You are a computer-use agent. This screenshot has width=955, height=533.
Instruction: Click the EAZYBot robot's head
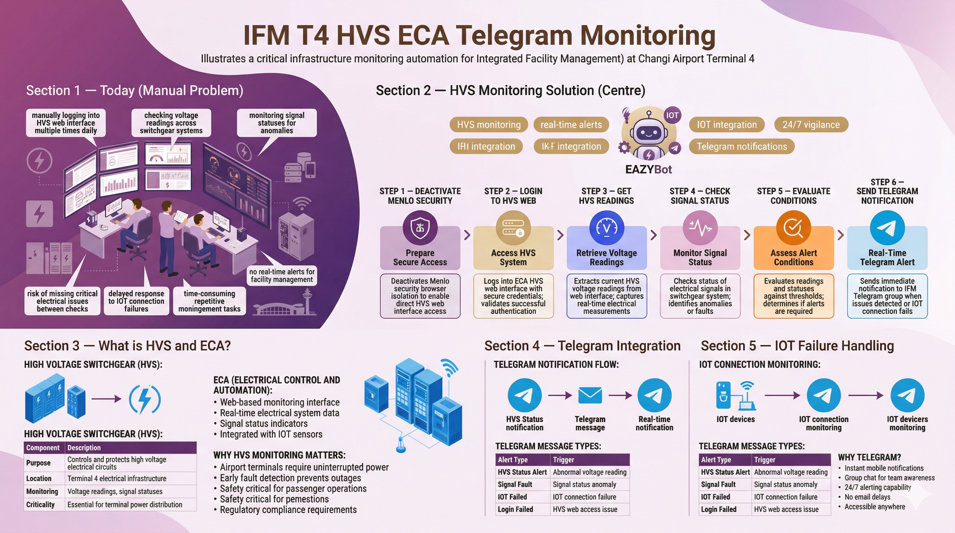pyautogui.click(x=648, y=132)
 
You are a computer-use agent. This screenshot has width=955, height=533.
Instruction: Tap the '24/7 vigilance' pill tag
pyautogui.click(x=811, y=125)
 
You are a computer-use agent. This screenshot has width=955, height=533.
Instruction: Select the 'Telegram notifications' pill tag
pyautogui.click(x=742, y=146)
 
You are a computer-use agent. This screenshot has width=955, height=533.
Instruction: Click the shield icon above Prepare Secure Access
pyautogui.click(x=420, y=228)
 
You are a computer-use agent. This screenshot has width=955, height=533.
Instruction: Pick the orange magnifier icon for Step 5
pyautogui.click(x=793, y=228)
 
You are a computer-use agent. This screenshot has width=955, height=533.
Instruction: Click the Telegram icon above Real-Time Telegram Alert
pyautogui.click(x=887, y=228)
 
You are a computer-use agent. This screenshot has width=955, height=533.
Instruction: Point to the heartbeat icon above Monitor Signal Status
pyautogui.click(x=700, y=228)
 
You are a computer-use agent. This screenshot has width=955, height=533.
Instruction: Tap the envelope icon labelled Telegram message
pyautogui.click(x=590, y=396)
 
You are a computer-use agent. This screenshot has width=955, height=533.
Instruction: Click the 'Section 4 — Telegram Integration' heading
pyautogui.click(x=582, y=346)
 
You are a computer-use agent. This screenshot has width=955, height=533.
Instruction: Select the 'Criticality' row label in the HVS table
pyautogui.click(x=40, y=505)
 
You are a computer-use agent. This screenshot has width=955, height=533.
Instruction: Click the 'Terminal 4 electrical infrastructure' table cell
pyautogui.click(x=117, y=479)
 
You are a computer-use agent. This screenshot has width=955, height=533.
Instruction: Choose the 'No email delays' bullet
pyautogui.click(x=867, y=497)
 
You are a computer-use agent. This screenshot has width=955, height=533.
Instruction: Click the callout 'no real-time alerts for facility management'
pyautogui.click(x=282, y=276)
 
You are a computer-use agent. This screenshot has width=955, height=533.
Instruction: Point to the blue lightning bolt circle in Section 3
pyautogui.click(x=145, y=399)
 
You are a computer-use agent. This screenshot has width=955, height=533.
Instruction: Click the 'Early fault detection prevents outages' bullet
pyautogui.click(x=290, y=478)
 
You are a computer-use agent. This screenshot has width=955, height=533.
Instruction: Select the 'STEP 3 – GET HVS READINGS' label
pyautogui.click(x=606, y=196)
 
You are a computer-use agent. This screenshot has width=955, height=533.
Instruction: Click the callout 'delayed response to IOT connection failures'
pyautogui.click(x=136, y=301)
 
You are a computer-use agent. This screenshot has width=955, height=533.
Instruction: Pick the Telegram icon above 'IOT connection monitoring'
pyautogui.click(x=823, y=396)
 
